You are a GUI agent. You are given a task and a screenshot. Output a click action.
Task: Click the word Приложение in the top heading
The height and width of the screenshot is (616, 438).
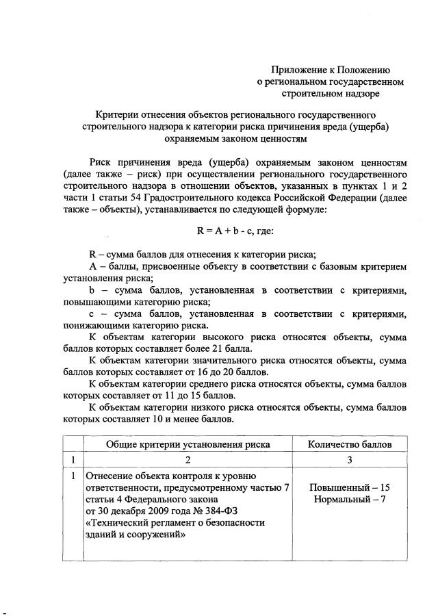pos(299,69)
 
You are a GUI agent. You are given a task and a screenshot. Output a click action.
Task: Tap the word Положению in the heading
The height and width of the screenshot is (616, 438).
pos(363,69)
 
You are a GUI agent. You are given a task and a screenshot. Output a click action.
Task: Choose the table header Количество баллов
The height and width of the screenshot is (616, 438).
pos(350,444)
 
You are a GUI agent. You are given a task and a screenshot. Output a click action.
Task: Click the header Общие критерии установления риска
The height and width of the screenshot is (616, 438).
pos(188,444)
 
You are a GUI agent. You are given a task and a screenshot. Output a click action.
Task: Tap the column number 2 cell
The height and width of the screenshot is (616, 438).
pos(188,460)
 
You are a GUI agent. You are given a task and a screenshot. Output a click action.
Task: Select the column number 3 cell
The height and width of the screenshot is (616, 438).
pos(350,460)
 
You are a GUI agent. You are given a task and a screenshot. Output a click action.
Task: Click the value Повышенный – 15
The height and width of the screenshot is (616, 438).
pos(350,487)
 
